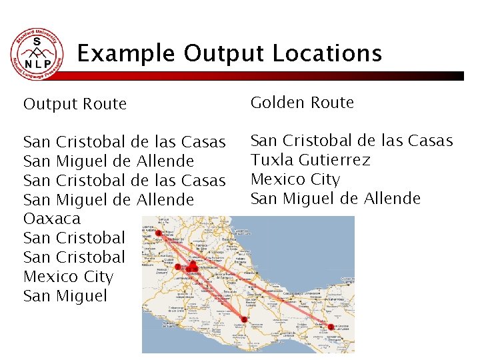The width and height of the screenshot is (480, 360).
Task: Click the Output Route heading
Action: click(75, 104)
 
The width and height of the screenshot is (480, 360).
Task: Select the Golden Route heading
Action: click(302, 103)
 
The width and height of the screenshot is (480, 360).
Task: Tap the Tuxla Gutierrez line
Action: click(310, 160)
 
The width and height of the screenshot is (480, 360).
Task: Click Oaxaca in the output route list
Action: click(51, 219)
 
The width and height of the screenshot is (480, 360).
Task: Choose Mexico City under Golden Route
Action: click(295, 179)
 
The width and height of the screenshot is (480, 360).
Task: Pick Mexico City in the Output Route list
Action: click(68, 277)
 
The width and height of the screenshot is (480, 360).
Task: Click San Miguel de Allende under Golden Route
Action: click(335, 199)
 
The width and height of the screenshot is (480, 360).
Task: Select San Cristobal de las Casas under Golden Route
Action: click(351, 141)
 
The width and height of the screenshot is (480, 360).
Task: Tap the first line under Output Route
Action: click(124, 142)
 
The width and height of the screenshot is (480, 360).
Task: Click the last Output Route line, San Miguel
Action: click(65, 296)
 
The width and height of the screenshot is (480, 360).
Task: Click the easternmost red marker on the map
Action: click(331, 327)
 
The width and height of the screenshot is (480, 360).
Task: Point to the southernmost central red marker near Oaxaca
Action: click(244, 320)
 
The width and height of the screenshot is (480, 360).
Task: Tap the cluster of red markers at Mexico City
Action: click(191, 268)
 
